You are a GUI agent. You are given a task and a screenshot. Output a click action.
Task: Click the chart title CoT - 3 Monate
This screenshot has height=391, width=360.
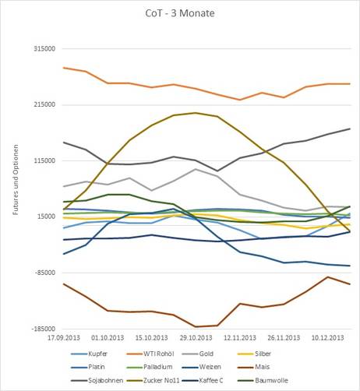click(180, 13)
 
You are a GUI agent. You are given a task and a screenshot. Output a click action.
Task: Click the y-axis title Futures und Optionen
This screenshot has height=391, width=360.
click(16, 180)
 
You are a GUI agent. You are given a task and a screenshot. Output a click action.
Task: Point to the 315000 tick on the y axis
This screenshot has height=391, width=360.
click(44, 49)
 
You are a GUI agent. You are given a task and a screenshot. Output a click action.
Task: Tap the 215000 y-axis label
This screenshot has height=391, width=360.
click(44, 104)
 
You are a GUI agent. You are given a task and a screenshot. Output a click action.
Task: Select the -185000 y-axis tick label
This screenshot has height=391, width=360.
click(44, 329)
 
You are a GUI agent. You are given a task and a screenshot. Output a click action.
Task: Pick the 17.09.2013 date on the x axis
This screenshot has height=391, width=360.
click(64, 338)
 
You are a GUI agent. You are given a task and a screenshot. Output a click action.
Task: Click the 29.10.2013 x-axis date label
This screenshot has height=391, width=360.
click(196, 338)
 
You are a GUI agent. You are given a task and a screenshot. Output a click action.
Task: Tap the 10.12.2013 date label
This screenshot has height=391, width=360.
click(327, 338)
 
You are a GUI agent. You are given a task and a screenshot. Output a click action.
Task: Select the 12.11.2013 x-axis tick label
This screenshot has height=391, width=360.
click(240, 338)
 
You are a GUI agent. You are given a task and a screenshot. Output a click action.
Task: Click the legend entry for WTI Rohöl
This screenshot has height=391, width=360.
click(150, 354)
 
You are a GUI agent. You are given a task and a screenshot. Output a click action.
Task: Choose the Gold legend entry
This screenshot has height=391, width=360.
click(197, 354)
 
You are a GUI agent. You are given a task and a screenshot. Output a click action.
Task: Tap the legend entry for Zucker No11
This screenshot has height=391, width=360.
click(153, 381)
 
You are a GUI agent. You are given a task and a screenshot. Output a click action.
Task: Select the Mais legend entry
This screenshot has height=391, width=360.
click(253, 367)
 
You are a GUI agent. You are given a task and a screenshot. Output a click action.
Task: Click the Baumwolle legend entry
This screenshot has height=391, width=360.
click(263, 381)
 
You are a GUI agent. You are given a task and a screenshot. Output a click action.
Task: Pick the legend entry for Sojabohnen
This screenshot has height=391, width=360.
click(97, 381)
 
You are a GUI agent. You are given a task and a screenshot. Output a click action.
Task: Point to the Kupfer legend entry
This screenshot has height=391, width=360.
click(89, 354)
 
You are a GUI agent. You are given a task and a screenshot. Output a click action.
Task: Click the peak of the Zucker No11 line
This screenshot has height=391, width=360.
click(196, 113)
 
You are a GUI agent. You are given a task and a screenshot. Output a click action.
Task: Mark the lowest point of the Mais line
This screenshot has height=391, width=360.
click(196, 326)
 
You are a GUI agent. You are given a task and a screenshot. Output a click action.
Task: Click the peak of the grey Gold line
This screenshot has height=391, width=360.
click(196, 169)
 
